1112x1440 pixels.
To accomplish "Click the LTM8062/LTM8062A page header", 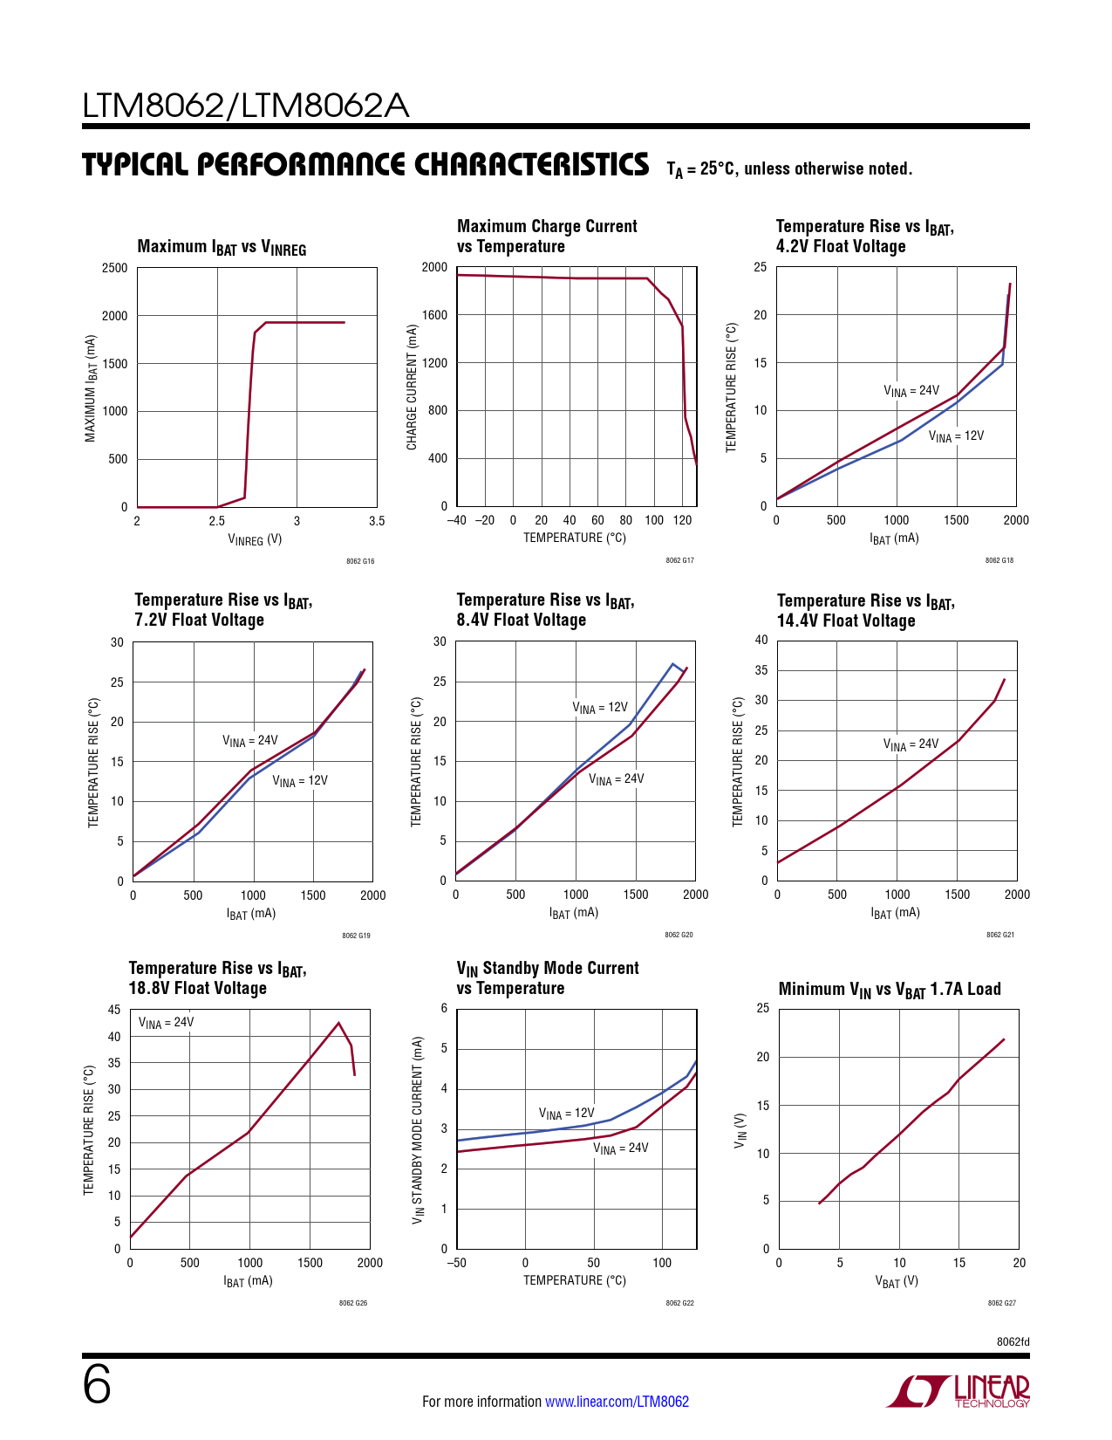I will [245, 106].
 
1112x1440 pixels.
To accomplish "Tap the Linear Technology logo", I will [959, 1391].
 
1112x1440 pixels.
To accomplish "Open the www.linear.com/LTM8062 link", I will [617, 1402].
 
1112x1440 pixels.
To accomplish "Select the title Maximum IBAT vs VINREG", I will [222, 247].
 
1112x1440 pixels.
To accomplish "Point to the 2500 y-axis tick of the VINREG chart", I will [114, 268].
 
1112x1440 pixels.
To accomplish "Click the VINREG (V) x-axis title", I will [255, 539].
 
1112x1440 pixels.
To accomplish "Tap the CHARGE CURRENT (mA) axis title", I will [412, 387].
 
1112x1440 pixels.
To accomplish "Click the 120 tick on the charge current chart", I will [682, 520].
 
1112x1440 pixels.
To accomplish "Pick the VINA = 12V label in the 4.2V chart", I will [956, 436].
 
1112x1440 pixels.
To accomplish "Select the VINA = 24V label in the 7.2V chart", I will [249, 741].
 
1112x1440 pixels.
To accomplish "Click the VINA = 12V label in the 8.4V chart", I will [600, 708].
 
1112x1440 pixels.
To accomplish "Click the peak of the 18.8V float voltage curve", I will [338, 1022].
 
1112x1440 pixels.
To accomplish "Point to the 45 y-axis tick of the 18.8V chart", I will [114, 1010].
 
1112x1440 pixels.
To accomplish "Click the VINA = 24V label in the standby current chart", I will [621, 1149].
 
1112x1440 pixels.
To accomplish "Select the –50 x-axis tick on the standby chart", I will [456, 1263].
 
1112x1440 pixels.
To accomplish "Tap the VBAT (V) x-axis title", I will [897, 1282].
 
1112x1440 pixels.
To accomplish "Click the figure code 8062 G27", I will [1001, 1303].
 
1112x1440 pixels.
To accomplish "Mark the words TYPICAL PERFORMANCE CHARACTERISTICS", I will [365, 165].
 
